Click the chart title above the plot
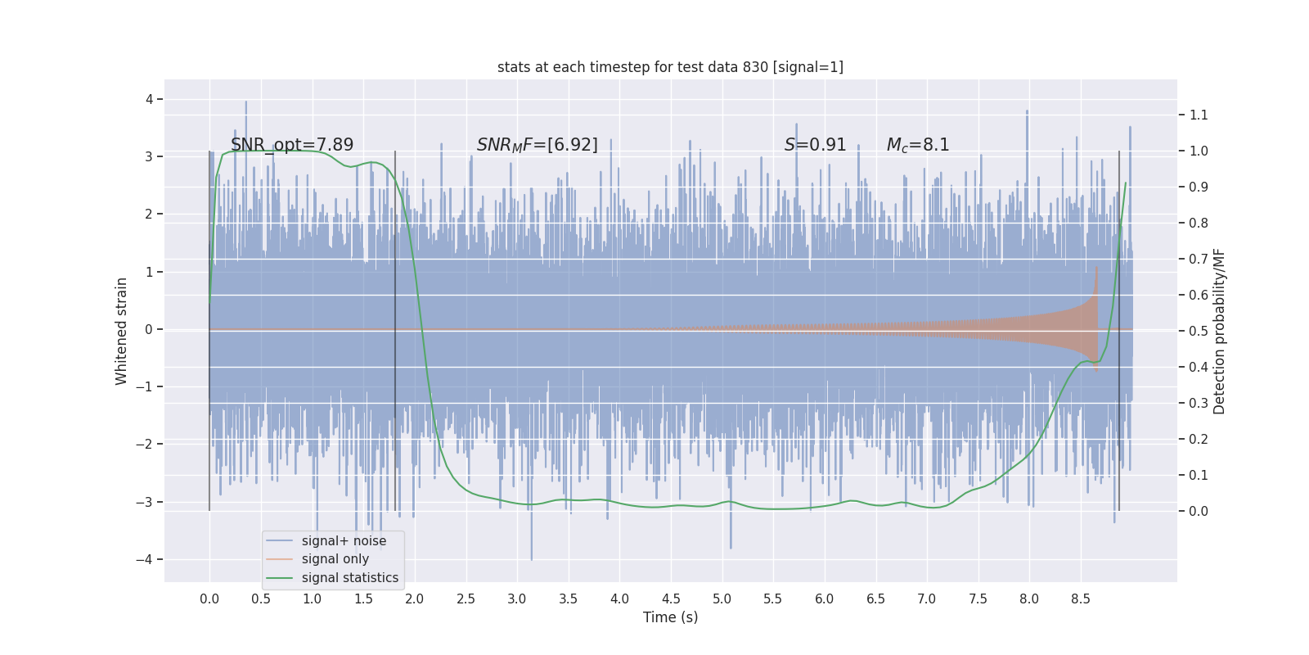(x=670, y=67)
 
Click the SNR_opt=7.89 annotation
(x=292, y=145)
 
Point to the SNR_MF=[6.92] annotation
(x=537, y=145)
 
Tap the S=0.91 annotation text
(x=815, y=145)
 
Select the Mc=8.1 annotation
(x=918, y=145)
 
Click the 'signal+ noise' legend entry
(x=344, y=541)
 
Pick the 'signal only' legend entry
(x=335, y=559)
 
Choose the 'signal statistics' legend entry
(x=349, y=578)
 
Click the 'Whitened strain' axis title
(x=122, y=331)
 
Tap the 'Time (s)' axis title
(x=670, y=617)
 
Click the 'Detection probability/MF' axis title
(x=1219, y=331)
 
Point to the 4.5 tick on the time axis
(x=671, y=599)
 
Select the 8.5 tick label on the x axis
(x=1080, y=599)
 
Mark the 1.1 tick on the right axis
(x=1199, y=115)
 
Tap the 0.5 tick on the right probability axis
(x=1199, y=332)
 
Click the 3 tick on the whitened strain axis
(x=149, y=156)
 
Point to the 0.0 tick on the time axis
(x=209, y=599)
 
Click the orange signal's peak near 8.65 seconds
(x=1096, y=267)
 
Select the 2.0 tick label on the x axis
(x=415, y=599)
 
